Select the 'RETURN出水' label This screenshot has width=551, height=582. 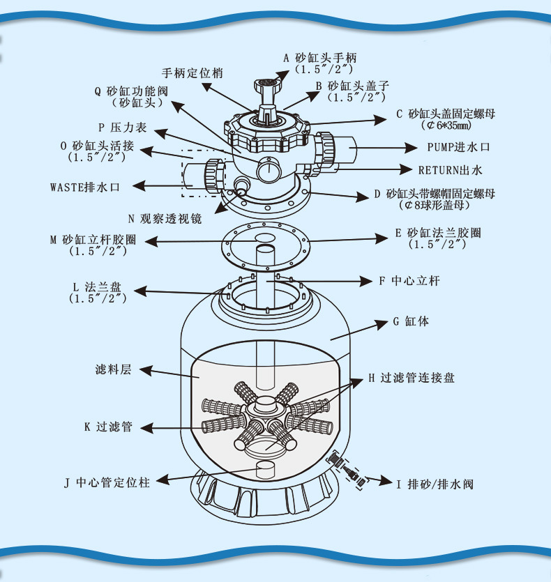tap(450, 169)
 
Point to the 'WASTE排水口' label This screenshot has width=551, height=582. tap(85, 187)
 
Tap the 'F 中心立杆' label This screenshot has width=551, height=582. tap(409, 281)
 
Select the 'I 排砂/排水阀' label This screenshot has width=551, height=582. tap(434, 483)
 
